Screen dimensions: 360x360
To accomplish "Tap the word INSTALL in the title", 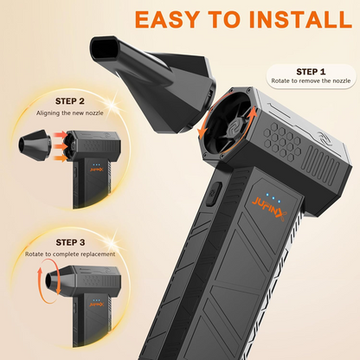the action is click(300, 19).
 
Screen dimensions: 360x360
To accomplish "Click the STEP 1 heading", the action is click(311, 72).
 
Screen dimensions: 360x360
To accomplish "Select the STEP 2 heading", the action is click(70, 101).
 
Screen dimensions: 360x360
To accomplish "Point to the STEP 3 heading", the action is click(70, 242).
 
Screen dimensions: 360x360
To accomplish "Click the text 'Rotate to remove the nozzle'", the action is click(311, 81).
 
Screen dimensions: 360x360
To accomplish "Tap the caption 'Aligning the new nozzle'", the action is click(70, 113).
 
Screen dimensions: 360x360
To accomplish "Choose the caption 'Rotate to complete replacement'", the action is click(70, 254).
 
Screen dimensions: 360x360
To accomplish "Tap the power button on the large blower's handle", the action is click(214, 194).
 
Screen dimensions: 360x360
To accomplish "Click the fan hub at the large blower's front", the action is click(234, 129).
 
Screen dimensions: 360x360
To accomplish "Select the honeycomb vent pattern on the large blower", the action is click(283, 142).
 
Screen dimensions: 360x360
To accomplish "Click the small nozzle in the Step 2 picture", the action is click(35, 145).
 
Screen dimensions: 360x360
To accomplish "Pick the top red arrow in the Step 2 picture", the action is click(60, 135).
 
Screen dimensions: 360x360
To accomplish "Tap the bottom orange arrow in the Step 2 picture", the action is click(61, 157).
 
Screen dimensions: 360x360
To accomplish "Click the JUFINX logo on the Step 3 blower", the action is click(96, 305).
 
